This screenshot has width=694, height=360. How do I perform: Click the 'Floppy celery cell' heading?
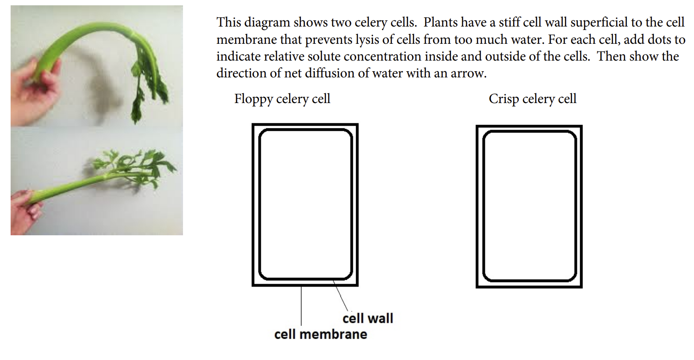pos(282,99)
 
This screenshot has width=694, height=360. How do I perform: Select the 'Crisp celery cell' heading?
pos(532,99)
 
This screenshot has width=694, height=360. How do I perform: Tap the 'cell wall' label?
pos(367,318)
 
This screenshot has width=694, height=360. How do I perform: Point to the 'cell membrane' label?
pos(320,334)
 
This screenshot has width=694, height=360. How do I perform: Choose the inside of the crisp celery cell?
pos(529,206)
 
